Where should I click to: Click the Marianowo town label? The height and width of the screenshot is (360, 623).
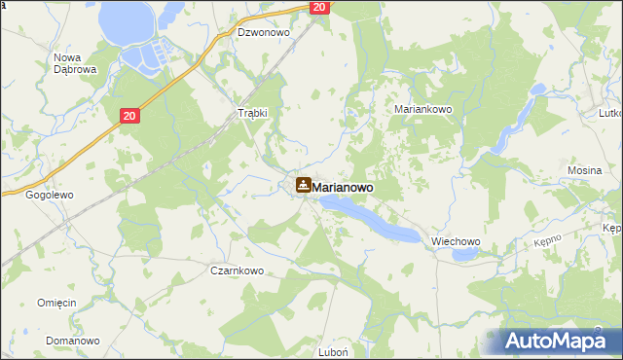click(x=343, y=186)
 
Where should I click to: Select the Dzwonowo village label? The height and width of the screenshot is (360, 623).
click(x=265, y=32)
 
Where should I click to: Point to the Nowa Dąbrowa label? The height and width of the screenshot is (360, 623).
click(x=73, y=63)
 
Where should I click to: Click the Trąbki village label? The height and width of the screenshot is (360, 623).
click(x=253, y=113)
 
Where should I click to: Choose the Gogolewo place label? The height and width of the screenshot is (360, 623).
click(x=50, y=195)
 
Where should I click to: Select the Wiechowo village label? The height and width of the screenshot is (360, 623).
click(x=457, y=241)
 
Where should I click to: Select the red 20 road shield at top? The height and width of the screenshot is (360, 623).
click(x=320, y=8)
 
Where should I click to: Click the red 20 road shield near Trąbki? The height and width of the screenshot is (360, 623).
click(x=131, y=116)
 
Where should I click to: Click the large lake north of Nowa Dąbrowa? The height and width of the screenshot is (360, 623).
click(x=123, y=19)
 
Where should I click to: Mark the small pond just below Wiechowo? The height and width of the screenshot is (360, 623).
click(x=462, y=254)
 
